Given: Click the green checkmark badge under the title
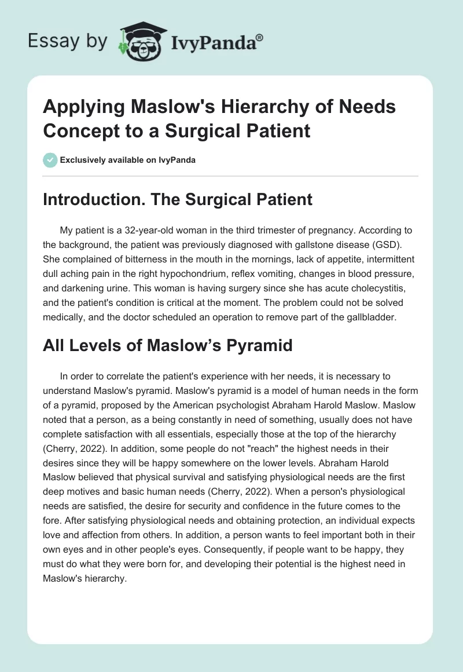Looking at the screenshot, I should (x=51, y=160).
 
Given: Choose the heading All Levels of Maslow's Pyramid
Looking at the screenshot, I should (x=168, y=346).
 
